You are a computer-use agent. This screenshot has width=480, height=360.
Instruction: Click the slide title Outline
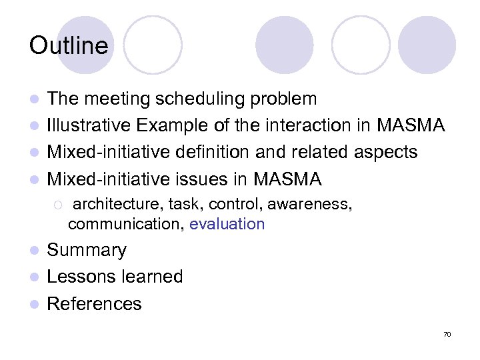tap(68, 45)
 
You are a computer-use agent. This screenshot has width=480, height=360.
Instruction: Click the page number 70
tap(447, 334)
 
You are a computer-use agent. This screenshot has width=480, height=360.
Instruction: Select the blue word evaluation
tap(227, 224)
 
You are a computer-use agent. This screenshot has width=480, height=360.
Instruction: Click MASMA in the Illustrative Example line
tap(410, 125)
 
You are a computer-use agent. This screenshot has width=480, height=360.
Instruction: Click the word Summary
tap(87, 250)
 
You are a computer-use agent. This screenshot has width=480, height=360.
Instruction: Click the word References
tap(94, 303)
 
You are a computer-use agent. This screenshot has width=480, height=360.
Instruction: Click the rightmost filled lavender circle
tap(427, 45)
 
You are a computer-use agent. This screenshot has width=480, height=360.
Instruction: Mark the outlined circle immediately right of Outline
tap(153, 45)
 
